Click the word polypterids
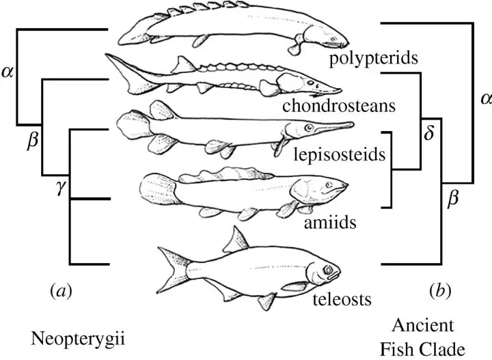(x=373, y=58)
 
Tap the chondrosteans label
(x=339, y=106)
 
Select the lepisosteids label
(x=339, y=154)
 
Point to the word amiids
(x=330, y=223)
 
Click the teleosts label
(x=342, y=299)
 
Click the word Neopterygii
(x=78, y=340)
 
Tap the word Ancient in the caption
(x=423, y=325)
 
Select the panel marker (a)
(x=61, y=291)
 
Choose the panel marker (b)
(x=440, y=291)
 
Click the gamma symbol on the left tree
(x=61, y=188)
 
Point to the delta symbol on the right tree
(x=428, y=133)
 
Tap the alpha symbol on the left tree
(x=8, y=72)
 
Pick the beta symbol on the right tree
(x=453, y=199)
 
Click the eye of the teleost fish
(x=328, y=269)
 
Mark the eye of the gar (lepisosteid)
(x=309, y=128)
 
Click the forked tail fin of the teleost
(x=173, y=269)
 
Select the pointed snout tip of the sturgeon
(x=340, y=90)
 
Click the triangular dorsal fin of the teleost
(x=236, y=240)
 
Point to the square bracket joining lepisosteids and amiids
(x=392, y=169)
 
